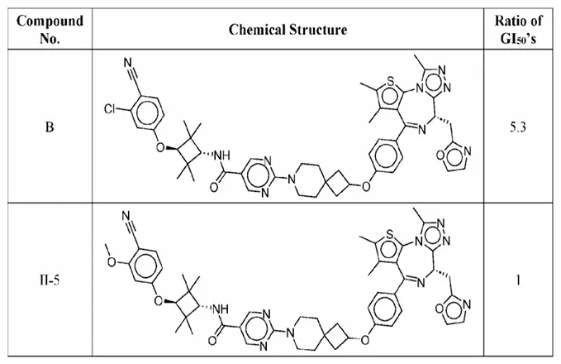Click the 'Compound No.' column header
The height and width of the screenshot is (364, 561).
coord(50,29)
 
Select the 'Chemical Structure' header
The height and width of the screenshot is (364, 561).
coord(288,30)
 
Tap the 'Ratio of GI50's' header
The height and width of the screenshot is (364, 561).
coord(518,29)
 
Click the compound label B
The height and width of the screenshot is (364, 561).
coord(50,127)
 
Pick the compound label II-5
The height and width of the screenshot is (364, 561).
coord(50,280)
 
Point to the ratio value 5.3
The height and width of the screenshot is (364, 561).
coord(518,127)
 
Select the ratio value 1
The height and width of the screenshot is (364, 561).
coord(518,280)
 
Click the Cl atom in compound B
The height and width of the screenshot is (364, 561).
coord(111,108)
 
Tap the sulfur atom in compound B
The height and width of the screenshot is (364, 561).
coord(391,82)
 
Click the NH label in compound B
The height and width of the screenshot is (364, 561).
coord(222,156)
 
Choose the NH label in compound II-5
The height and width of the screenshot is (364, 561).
coord(221,308)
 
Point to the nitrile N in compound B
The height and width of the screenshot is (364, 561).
coord(128,63)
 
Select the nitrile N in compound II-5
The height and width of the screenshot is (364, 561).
coord(126,216)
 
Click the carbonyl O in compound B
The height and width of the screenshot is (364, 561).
coord(214,187)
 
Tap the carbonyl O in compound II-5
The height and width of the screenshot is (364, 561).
coord(212,340)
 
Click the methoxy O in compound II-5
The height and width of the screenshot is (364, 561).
coord(112,262)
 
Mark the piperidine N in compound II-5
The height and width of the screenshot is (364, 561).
coord(290,331)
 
